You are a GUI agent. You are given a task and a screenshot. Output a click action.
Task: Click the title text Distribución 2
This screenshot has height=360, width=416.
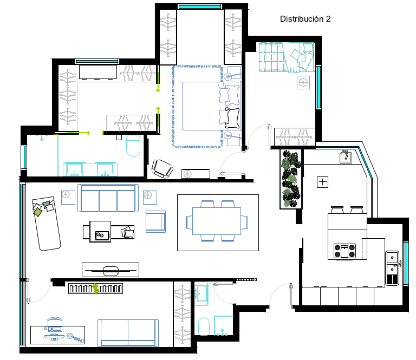(x=305, y=19)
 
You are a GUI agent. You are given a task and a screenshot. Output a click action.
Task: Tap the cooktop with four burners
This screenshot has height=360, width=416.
(x=344, y=251)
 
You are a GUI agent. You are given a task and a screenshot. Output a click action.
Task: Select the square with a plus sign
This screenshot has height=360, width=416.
(x=323, y=182)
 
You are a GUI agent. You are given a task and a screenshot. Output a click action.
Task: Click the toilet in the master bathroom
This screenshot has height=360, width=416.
(x=133, y=146)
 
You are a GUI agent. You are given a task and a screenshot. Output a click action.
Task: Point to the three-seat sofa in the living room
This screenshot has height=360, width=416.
(x=108, y=198)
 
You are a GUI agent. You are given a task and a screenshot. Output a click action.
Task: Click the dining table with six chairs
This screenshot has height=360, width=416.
(x=217, y=221)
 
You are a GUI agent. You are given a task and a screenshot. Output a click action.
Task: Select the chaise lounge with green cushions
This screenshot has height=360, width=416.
(x=46, y=223)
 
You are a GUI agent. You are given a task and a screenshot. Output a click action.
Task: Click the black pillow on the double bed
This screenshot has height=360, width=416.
(x=232, y=118)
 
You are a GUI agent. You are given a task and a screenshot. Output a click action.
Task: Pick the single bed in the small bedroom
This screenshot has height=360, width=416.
(x=286, y=57)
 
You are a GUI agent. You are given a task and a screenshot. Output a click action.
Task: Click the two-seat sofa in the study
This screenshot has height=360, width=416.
(x=128, y=333)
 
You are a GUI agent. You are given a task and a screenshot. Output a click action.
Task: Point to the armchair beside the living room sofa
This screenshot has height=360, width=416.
(x=156, y=221)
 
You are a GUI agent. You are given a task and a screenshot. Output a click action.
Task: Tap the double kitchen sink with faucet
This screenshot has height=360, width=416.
(x=393, y=268)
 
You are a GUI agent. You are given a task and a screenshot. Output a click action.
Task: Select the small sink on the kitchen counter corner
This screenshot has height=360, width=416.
(x=346, y=158)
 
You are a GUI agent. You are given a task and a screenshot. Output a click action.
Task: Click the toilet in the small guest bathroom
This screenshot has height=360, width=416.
(x=204, y=326)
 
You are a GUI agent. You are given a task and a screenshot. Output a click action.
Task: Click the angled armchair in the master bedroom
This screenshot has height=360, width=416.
(x=162, y=168)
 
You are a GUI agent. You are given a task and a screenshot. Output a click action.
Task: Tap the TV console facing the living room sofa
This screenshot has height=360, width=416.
(x=110, y=270)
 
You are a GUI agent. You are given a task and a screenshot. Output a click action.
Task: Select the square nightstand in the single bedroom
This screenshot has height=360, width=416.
(x=303, y=83)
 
